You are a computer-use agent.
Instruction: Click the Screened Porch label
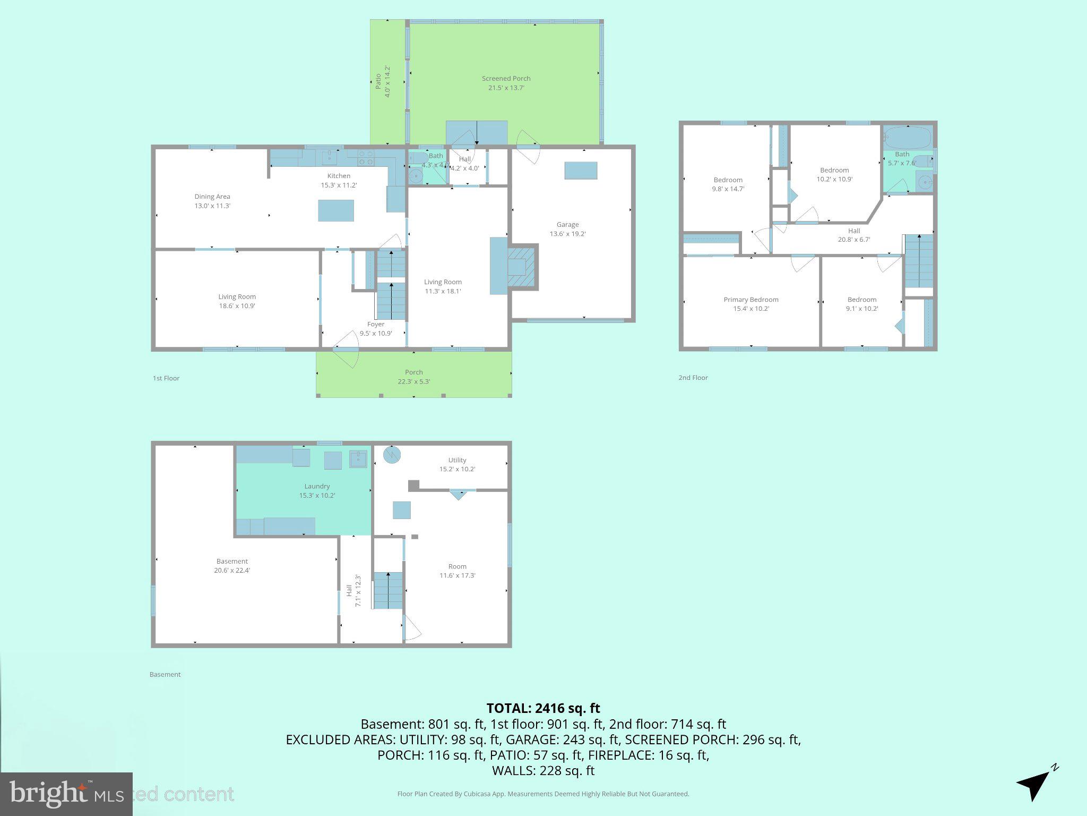pyautogui.click(x=506, y=79)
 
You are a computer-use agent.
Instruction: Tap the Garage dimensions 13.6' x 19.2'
pyautogui.click(x=567, y=234)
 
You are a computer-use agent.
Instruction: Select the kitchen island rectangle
pyautogui.click(x=335, y=210)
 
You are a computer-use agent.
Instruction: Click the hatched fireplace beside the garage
pyautogui.click(x=522, y=267)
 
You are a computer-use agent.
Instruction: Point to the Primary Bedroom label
pyautogui.click(x=750, y=300)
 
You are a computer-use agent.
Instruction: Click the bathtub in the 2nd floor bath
pyautogui.click(x=908, y=138)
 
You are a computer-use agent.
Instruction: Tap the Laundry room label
pyautogui.click(x=317, y=486)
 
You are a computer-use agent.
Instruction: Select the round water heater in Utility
pyautogui.click(x=392, y=455)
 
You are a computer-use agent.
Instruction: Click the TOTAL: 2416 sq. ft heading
pyautogui.click(x=543, y=708)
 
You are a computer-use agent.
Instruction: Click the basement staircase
pyautogui.click(x=388, y=590)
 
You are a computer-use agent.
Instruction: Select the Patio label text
pyautogui.click(x=378, y=81)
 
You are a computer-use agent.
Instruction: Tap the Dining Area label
pyautogui.click(x=212, y=197)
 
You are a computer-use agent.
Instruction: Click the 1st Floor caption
pyautogui.click(x=166, y=378)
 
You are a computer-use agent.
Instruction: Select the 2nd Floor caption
pyautogui.click(x=693, y=378)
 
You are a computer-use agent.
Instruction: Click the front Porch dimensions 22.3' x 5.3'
pyautogui.click(x=413, y=381)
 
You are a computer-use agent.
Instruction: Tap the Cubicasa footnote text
pyautogui.click(x=543, y=794)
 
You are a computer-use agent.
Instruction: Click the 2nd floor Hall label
pyautogui.click(x=853, y=231)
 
